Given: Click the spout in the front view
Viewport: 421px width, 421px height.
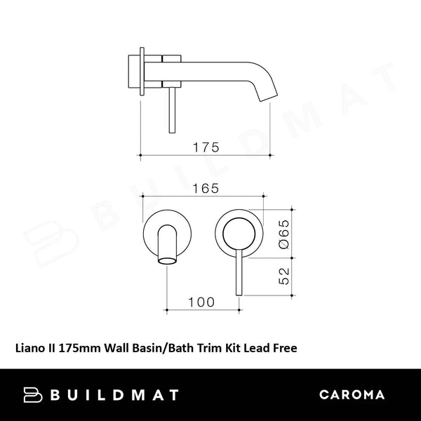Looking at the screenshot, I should (x=168, y=246).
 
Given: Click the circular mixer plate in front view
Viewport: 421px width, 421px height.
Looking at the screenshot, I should (x=240, y=231).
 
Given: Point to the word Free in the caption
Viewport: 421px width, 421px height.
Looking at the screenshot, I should (x=293, y=346).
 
